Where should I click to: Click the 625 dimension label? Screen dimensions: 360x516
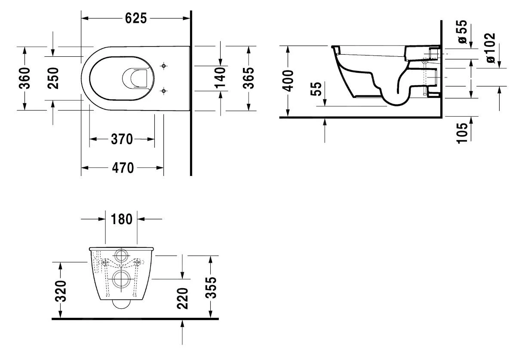tap(135, 18)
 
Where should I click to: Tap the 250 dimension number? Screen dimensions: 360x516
tap(53, 78)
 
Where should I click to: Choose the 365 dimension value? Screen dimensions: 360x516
tap(249, 78)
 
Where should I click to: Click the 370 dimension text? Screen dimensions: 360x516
tap(122, 139)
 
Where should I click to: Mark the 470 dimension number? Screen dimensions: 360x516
tap(123, 168)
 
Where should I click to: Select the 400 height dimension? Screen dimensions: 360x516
tap(289, 80)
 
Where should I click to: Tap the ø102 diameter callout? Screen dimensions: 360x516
tap(489, 47)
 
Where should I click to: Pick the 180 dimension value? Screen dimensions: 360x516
tap(122, 219)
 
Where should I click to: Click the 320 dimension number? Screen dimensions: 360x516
tap(61, 291)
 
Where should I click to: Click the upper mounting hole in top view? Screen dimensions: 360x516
tap(163, 66)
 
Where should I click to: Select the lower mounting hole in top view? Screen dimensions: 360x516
tap(163, 91)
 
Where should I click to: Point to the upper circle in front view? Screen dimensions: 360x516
tap(122, 256)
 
